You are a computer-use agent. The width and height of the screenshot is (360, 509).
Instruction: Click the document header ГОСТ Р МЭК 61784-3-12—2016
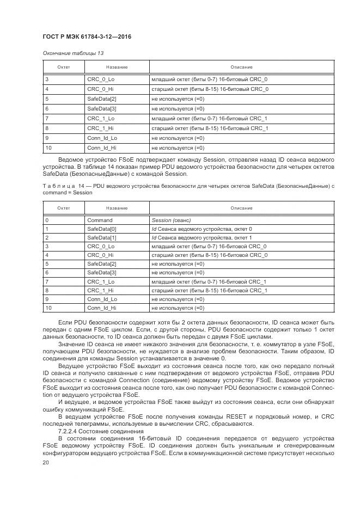coord(87,36)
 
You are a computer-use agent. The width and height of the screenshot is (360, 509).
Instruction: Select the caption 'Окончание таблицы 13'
coord(72,53)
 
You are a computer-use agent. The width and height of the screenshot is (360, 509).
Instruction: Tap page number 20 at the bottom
coord(45,461)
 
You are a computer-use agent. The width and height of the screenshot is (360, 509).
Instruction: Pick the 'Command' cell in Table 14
coord(100,220)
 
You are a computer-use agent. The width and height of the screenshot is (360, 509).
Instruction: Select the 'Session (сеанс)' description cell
coord(170,220)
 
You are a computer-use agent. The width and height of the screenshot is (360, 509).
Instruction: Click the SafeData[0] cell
coord(101,229)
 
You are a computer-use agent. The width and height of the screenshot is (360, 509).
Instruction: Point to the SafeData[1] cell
coord(101,238)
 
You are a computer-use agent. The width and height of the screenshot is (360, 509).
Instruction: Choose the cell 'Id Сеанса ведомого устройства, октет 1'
coord(202,238)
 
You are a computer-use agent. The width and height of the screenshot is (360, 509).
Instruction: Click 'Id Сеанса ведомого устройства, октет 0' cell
coord(202,229)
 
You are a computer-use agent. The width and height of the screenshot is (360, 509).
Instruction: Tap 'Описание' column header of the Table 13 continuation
coord(241,67)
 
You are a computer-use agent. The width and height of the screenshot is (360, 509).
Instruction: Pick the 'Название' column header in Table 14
coord(117,208)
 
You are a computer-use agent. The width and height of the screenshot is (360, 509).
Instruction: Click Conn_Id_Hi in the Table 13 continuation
coord(102,148)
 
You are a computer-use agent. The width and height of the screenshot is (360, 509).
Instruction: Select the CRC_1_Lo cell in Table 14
coord(101,281)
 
